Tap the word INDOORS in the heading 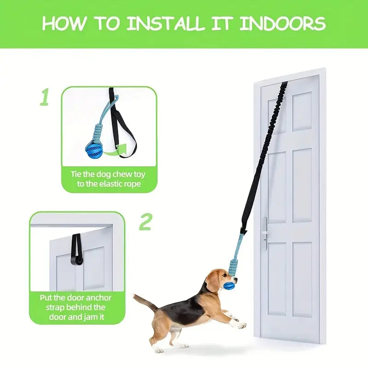(282, 23)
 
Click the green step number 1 (44, 97)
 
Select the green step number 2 (145, 222)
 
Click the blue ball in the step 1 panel (94, 151)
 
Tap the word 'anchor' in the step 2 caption (98, 298)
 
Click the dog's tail (145, 301)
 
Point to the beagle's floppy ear (211, 283)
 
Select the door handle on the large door (265, 234)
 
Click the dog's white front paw (241, 325)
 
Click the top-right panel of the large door (303, 111)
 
